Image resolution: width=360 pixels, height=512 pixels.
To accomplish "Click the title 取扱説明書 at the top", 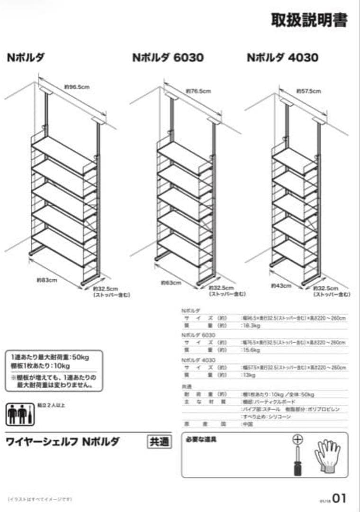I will point(309,20).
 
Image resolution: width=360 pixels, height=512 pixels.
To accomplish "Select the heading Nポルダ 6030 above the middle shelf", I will point(168,57).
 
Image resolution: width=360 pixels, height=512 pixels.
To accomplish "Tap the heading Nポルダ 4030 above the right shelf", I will point(282,57).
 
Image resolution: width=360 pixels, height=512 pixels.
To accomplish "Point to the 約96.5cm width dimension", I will point(77,87).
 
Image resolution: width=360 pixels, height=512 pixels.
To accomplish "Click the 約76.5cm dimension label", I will point(198,91).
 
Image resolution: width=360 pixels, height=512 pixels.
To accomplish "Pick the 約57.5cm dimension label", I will point(308,91).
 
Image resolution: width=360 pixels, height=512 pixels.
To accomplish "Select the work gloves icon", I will point(327,456).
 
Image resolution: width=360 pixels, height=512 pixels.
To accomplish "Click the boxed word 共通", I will point(159,442).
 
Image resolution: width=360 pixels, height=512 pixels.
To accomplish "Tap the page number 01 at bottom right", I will point(339,498).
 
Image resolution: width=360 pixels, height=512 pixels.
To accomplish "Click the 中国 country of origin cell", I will point(247,424).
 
